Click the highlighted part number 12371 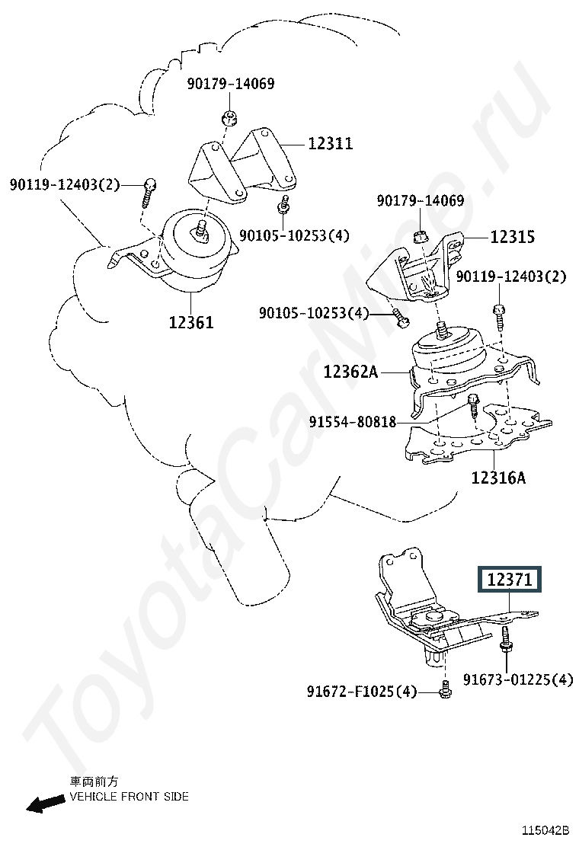pyautogui.click(x=508, y=580)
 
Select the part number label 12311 pyautogui.click(x=330, y=143)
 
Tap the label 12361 pyautogui.click(x=191, y=323)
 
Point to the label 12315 pyautogui.click(x=511, y=237)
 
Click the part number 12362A pyautogui.click(x=350, y=372)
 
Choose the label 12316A pyautogui.click(x=498, y=478)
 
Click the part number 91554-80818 pyautogui.click(x=353, y=421)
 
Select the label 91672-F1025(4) pyautogui.click(x=362, y=692)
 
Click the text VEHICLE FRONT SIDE pyautogui.click(x=130, y=797)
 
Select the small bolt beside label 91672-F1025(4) pyautogui.click(x=445, y=691)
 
